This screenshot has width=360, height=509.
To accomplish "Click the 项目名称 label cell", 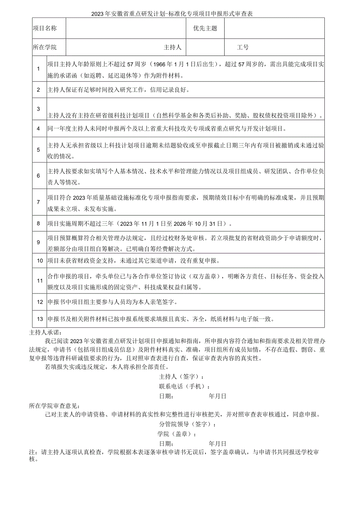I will point(44,28).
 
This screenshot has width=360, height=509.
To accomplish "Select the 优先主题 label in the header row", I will point(205,28).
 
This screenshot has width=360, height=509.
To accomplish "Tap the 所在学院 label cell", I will point(44,47).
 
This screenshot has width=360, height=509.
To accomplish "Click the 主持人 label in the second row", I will point(172,47).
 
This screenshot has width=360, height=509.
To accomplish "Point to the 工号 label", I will point(243,47).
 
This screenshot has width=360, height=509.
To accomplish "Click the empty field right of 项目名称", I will point(126,28).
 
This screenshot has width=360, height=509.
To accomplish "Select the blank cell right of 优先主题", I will point(274,28).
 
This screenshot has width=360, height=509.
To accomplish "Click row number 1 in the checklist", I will point(38,69).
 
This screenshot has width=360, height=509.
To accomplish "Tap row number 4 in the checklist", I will point(38,128).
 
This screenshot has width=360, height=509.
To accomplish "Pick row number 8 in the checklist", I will point(38,224).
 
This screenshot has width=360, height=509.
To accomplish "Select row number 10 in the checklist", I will point(40,261).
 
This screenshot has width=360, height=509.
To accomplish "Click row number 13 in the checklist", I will point(40,319).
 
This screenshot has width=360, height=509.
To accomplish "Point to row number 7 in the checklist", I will point(38,202).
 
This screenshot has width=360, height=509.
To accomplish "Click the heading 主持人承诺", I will point(45,333).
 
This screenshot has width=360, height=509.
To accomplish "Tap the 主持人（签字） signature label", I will point(181,376).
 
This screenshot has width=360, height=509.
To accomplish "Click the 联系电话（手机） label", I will point(181,386).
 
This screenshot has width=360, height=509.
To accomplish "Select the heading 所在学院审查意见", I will point(56,406).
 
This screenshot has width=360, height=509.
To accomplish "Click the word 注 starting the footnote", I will point(32,453).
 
